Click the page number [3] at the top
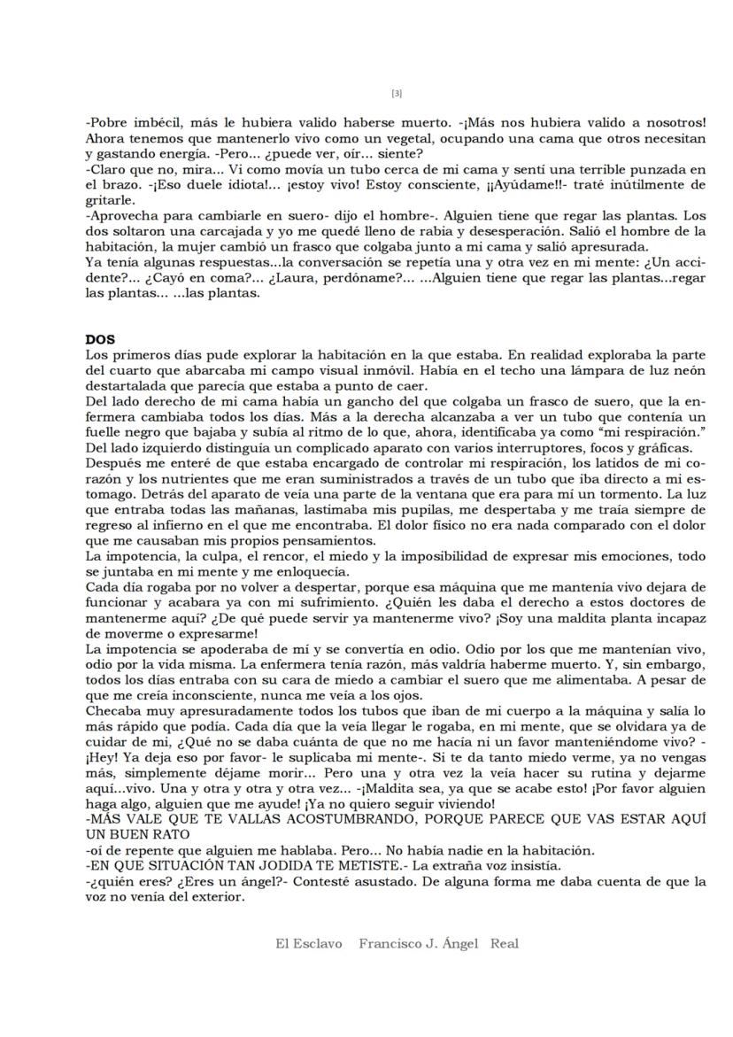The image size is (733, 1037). click(397, 93)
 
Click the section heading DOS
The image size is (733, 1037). click(99, 339)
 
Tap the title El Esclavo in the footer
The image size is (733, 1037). click(309, 944)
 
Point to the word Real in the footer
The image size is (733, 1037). click(505, 944)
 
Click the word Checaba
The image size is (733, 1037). click(112, 711)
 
